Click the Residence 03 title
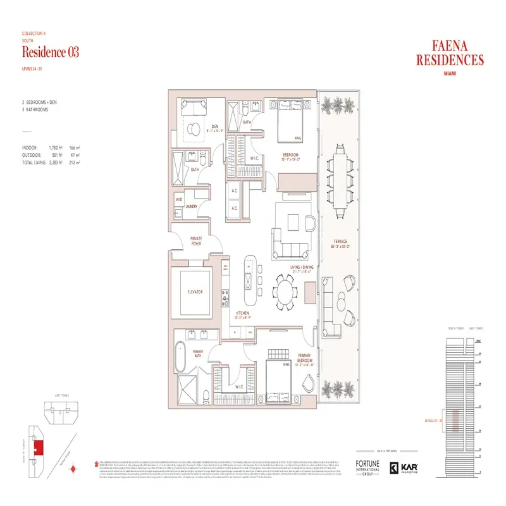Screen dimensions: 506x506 (51, 52)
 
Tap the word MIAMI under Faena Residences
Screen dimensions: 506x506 (450, 73)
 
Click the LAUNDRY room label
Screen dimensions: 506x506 (191, 206)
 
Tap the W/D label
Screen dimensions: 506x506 (178, 200)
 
